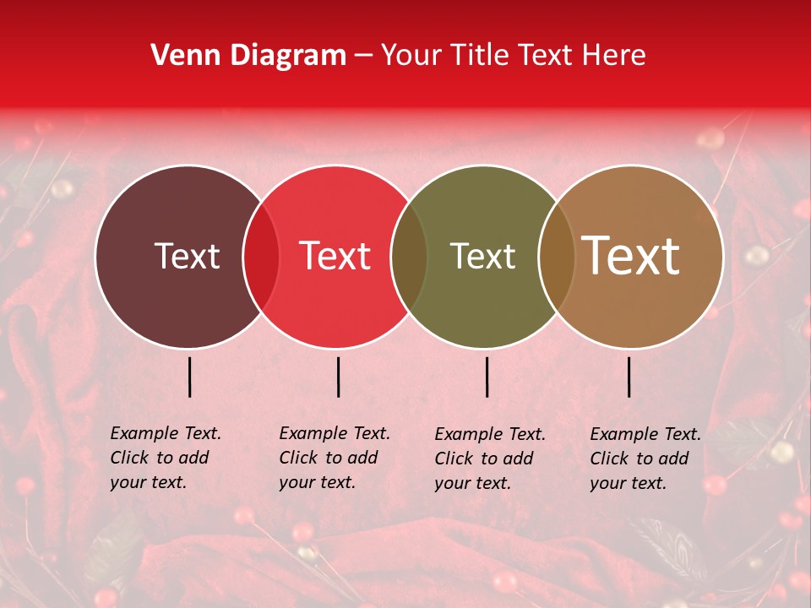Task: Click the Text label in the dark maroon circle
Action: click(x=187, y=256)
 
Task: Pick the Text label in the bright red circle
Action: click(x=335, y=256)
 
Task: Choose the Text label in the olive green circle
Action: click(x=482, y=256)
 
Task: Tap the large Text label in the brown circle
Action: click(x=631, y=256)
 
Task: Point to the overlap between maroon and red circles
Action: click(x=261, y=256)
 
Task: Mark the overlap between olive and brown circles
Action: click(x=556, y=256)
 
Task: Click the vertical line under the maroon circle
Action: click(x=190, y=377)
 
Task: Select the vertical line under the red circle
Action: click(x=338, y=377)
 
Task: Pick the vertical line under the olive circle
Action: click(x=487, y=377)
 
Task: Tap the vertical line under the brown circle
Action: click(x=629, y=377)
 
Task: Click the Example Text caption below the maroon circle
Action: click(x=166, y=458)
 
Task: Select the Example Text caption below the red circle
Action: click(x=335, y=458)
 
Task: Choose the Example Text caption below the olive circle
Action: click(x=490, y=459)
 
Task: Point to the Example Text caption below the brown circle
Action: click(x=645, y=459)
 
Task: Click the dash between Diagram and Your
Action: click(x=363, y=57)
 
